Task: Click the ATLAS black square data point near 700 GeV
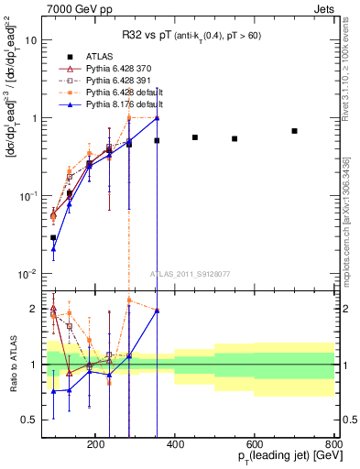(295, 131)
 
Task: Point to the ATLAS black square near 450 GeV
(195, 137)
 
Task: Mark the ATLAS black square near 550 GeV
(235, 139)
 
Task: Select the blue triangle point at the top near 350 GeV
(157, 117)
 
